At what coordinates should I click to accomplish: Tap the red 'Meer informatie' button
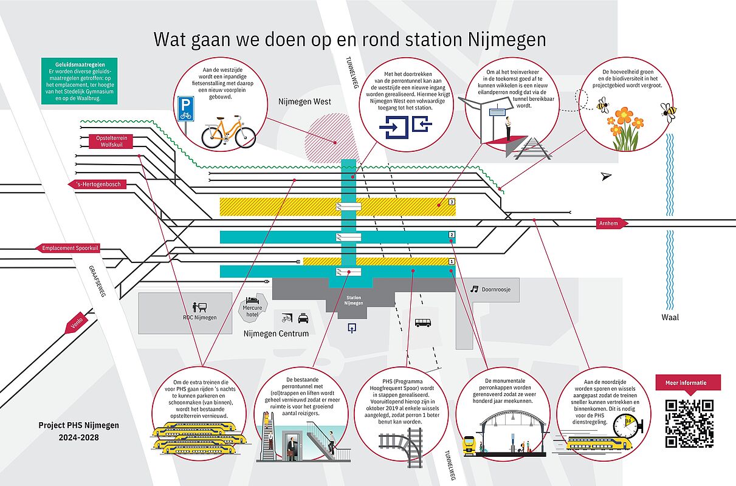click(689, 383)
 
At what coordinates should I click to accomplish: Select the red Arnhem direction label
click(612, 224)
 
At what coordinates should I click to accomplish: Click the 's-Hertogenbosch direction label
click(97, 185)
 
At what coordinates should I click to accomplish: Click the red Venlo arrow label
click(76, 326)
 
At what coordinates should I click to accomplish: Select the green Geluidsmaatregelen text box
click(77, 80)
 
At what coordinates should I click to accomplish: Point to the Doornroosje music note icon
click(475, 289)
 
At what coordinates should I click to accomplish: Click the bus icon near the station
click(423, 323)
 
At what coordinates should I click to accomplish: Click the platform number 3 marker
click(452, 202)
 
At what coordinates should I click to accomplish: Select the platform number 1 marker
click(452, 262)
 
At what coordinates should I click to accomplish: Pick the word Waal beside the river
click(670, 317)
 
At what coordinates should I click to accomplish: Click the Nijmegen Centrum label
click(276, 334)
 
